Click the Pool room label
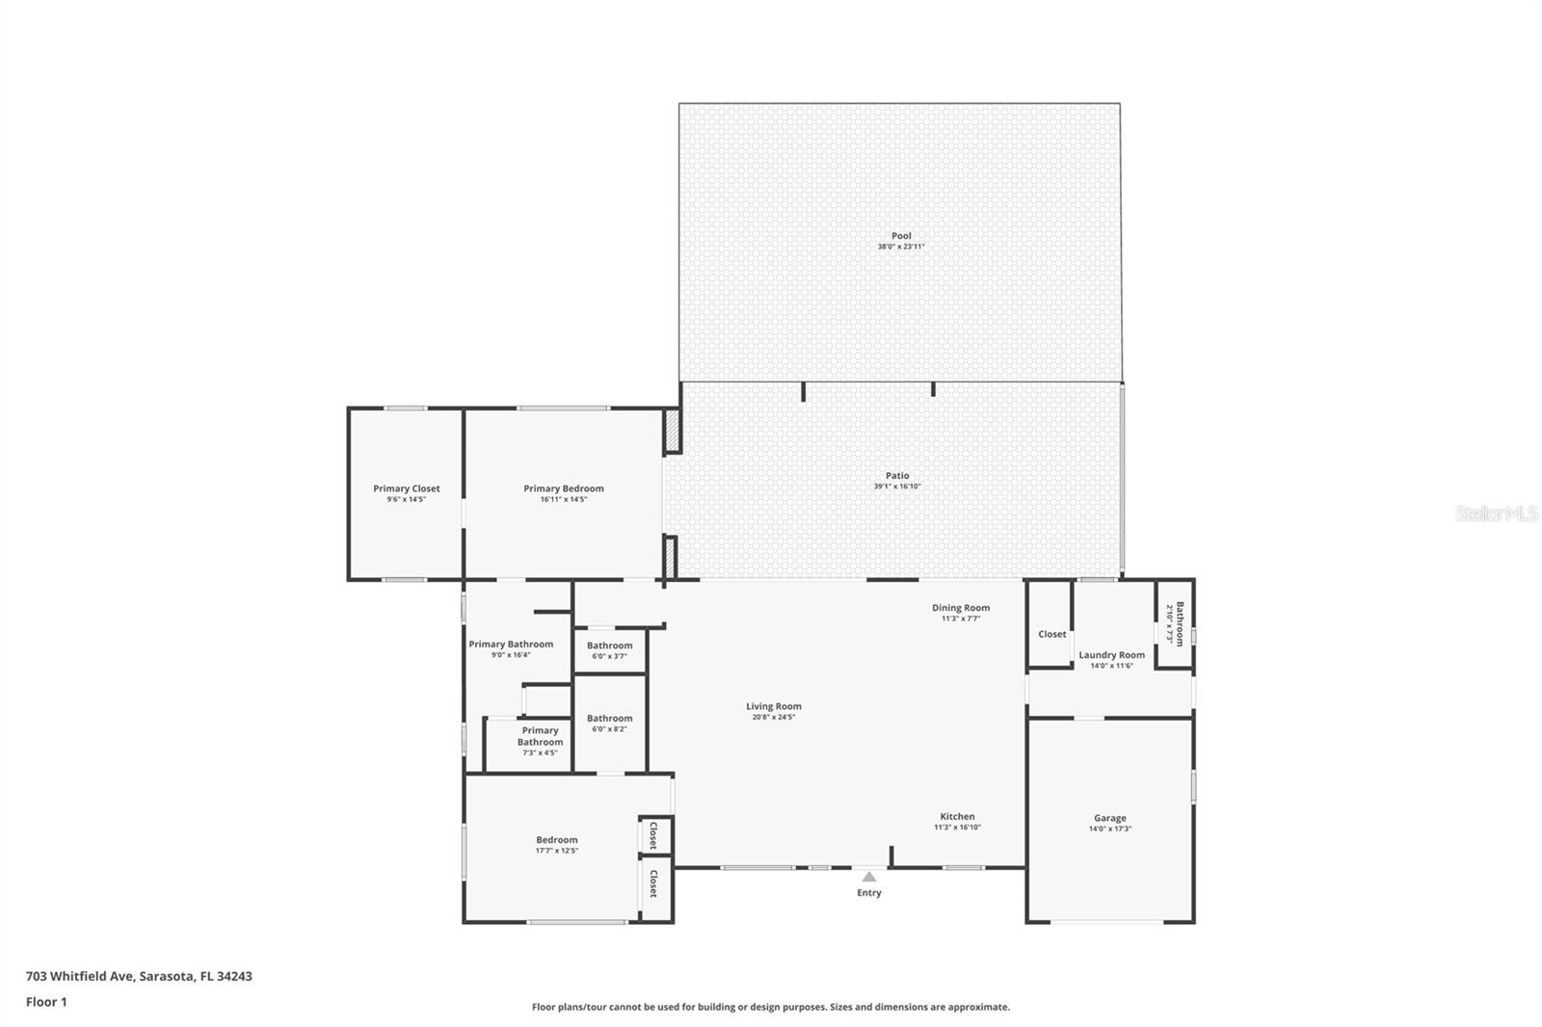point(901,236)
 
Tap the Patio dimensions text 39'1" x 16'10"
point(897,487)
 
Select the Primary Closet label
point(407,488)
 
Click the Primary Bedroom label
point(564,488)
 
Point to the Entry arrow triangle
point(869,877)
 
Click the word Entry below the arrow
point(869,893)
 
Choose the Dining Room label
point(961,608)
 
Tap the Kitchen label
point(957,816)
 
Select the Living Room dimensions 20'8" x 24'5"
point(774,717)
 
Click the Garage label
point(1110,818)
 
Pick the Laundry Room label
point(1111,655)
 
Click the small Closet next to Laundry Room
point(1052,634)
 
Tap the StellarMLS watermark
point(1496,514)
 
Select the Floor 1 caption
point(46,1002)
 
